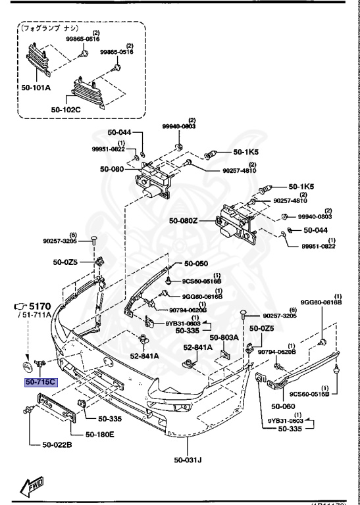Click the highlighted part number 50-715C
[x=41, y=381]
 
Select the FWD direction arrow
[x=32, y=487]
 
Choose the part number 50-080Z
[x=184, y=221]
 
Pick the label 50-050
[x=196, y=263]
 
